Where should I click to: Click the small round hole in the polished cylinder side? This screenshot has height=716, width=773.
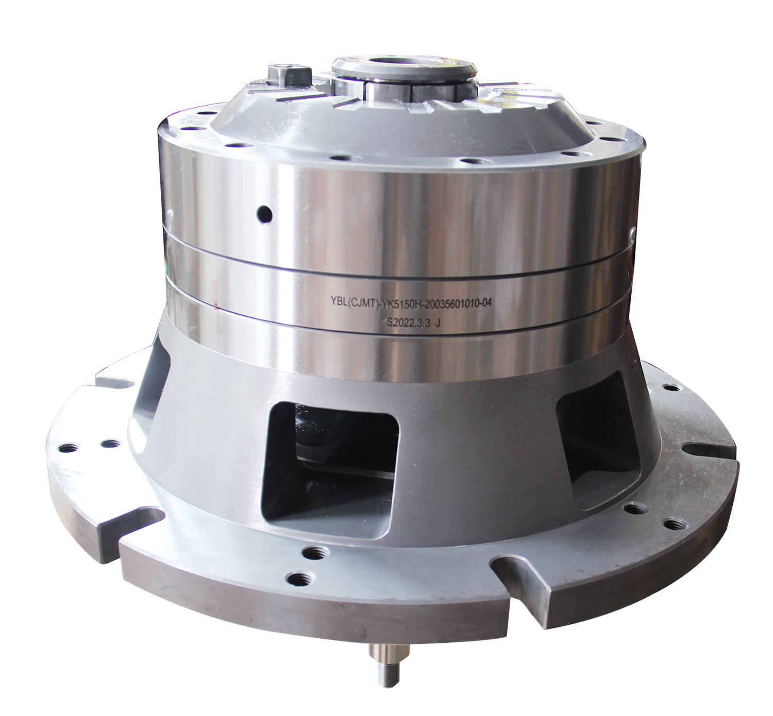[265, 214]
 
